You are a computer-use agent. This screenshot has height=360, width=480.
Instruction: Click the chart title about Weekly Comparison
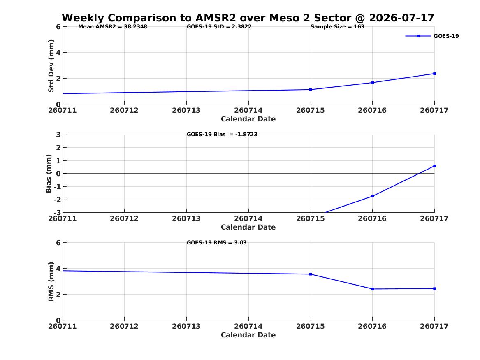(248, 18)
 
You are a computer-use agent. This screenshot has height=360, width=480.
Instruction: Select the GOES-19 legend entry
(432, 36)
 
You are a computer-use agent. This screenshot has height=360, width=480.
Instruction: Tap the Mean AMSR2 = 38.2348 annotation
(113, 27)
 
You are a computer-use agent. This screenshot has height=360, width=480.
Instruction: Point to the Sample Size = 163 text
(337, 27)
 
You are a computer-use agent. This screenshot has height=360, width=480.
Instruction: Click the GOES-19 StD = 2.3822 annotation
(219, 27)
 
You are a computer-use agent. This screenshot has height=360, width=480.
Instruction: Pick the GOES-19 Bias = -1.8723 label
(222, 135)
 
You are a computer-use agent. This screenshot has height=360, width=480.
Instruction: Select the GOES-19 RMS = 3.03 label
(217, 242)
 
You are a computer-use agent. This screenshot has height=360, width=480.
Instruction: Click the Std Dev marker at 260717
(434, 74)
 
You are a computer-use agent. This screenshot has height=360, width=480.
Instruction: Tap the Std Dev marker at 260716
(373, 83)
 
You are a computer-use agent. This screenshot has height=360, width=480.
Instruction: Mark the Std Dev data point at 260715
(311, 90)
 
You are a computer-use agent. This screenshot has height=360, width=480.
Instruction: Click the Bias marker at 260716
(373, 196)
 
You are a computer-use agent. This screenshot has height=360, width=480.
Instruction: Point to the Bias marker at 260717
(434, 166)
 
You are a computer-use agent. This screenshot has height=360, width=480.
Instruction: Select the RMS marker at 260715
(311, 274)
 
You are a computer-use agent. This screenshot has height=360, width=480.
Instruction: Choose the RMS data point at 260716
(373, 289)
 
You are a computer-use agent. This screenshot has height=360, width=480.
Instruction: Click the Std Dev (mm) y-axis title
(51, 66)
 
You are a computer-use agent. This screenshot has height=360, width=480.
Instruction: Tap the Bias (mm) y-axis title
(49, 174)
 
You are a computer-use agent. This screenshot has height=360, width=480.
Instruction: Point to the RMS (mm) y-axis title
(51, 282)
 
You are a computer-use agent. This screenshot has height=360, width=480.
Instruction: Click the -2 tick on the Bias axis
(57, 200)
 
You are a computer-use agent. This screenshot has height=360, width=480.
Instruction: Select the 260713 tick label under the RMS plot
(186, 326)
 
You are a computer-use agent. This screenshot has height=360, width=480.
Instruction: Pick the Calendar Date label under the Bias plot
(248, 227)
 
